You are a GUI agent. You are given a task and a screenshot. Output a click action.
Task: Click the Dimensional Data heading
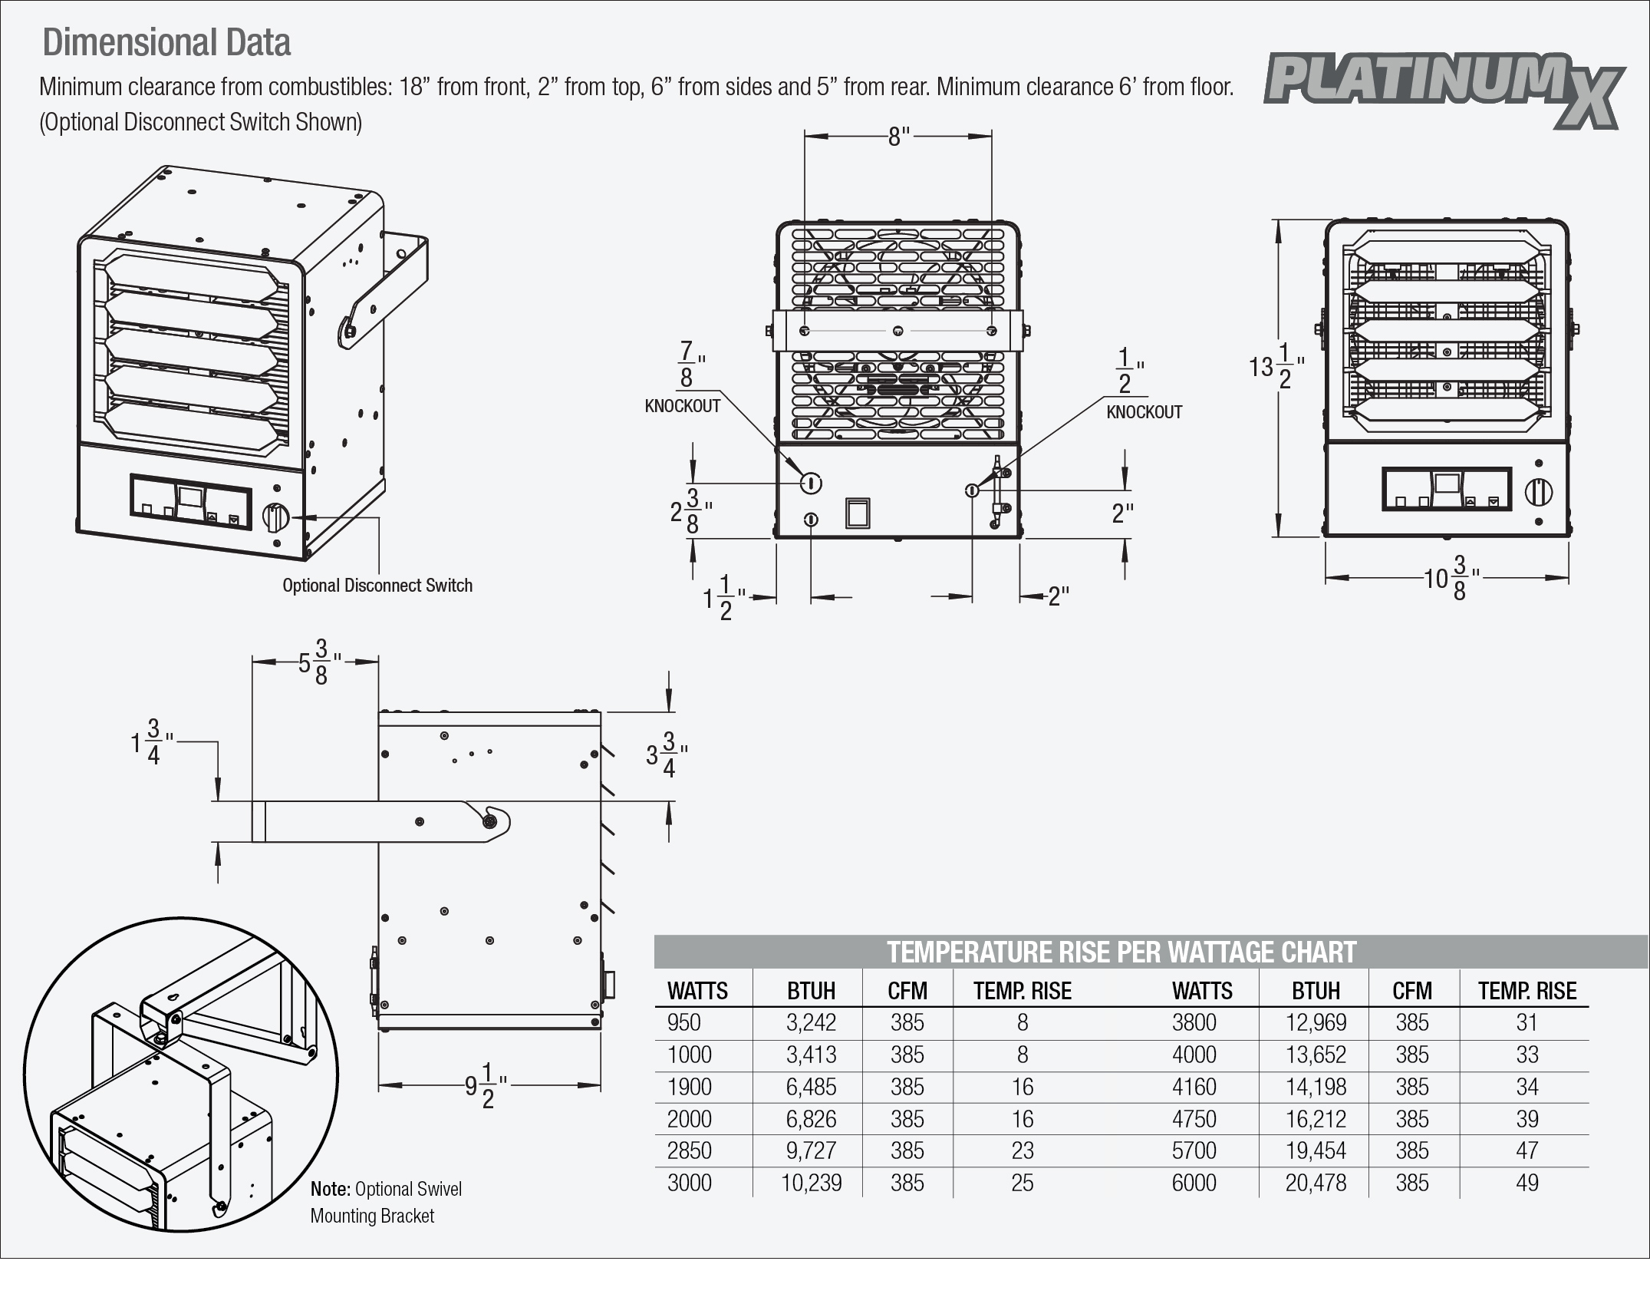166,43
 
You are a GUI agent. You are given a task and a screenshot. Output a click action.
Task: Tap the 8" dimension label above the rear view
898,137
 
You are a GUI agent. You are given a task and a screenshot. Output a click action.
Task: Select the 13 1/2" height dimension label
1276,367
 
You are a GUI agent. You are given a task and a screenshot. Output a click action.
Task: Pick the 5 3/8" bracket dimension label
318,662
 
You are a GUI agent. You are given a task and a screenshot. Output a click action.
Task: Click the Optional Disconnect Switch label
377,586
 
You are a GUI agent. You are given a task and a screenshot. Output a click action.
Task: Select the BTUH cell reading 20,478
1316,1183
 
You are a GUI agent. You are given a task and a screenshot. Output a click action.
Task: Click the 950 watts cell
684,1022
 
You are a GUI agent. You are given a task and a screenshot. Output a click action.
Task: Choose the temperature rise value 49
1526,1183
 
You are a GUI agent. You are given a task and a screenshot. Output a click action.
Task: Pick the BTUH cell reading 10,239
811,1183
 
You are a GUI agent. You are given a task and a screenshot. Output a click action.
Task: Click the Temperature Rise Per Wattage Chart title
1121,952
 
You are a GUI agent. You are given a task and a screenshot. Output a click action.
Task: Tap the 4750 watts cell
1194,1119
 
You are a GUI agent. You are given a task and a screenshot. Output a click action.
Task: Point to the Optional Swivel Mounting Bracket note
386,1202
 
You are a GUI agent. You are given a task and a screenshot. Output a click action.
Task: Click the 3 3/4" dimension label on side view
665,755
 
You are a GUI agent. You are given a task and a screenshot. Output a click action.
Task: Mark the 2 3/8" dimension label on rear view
688,510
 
